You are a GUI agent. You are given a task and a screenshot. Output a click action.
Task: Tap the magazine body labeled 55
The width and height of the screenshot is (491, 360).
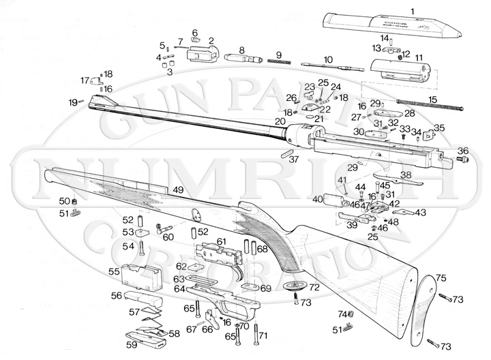coord(142,275)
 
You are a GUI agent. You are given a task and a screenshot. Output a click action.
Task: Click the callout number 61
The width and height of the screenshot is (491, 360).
coord(221,241)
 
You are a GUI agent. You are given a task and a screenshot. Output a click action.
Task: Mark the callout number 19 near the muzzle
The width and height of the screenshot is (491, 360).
coord(72,102)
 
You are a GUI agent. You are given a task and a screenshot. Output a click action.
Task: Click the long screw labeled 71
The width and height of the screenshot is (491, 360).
coord(256,333)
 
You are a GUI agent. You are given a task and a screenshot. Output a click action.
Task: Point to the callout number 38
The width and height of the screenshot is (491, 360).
coord(406,175)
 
